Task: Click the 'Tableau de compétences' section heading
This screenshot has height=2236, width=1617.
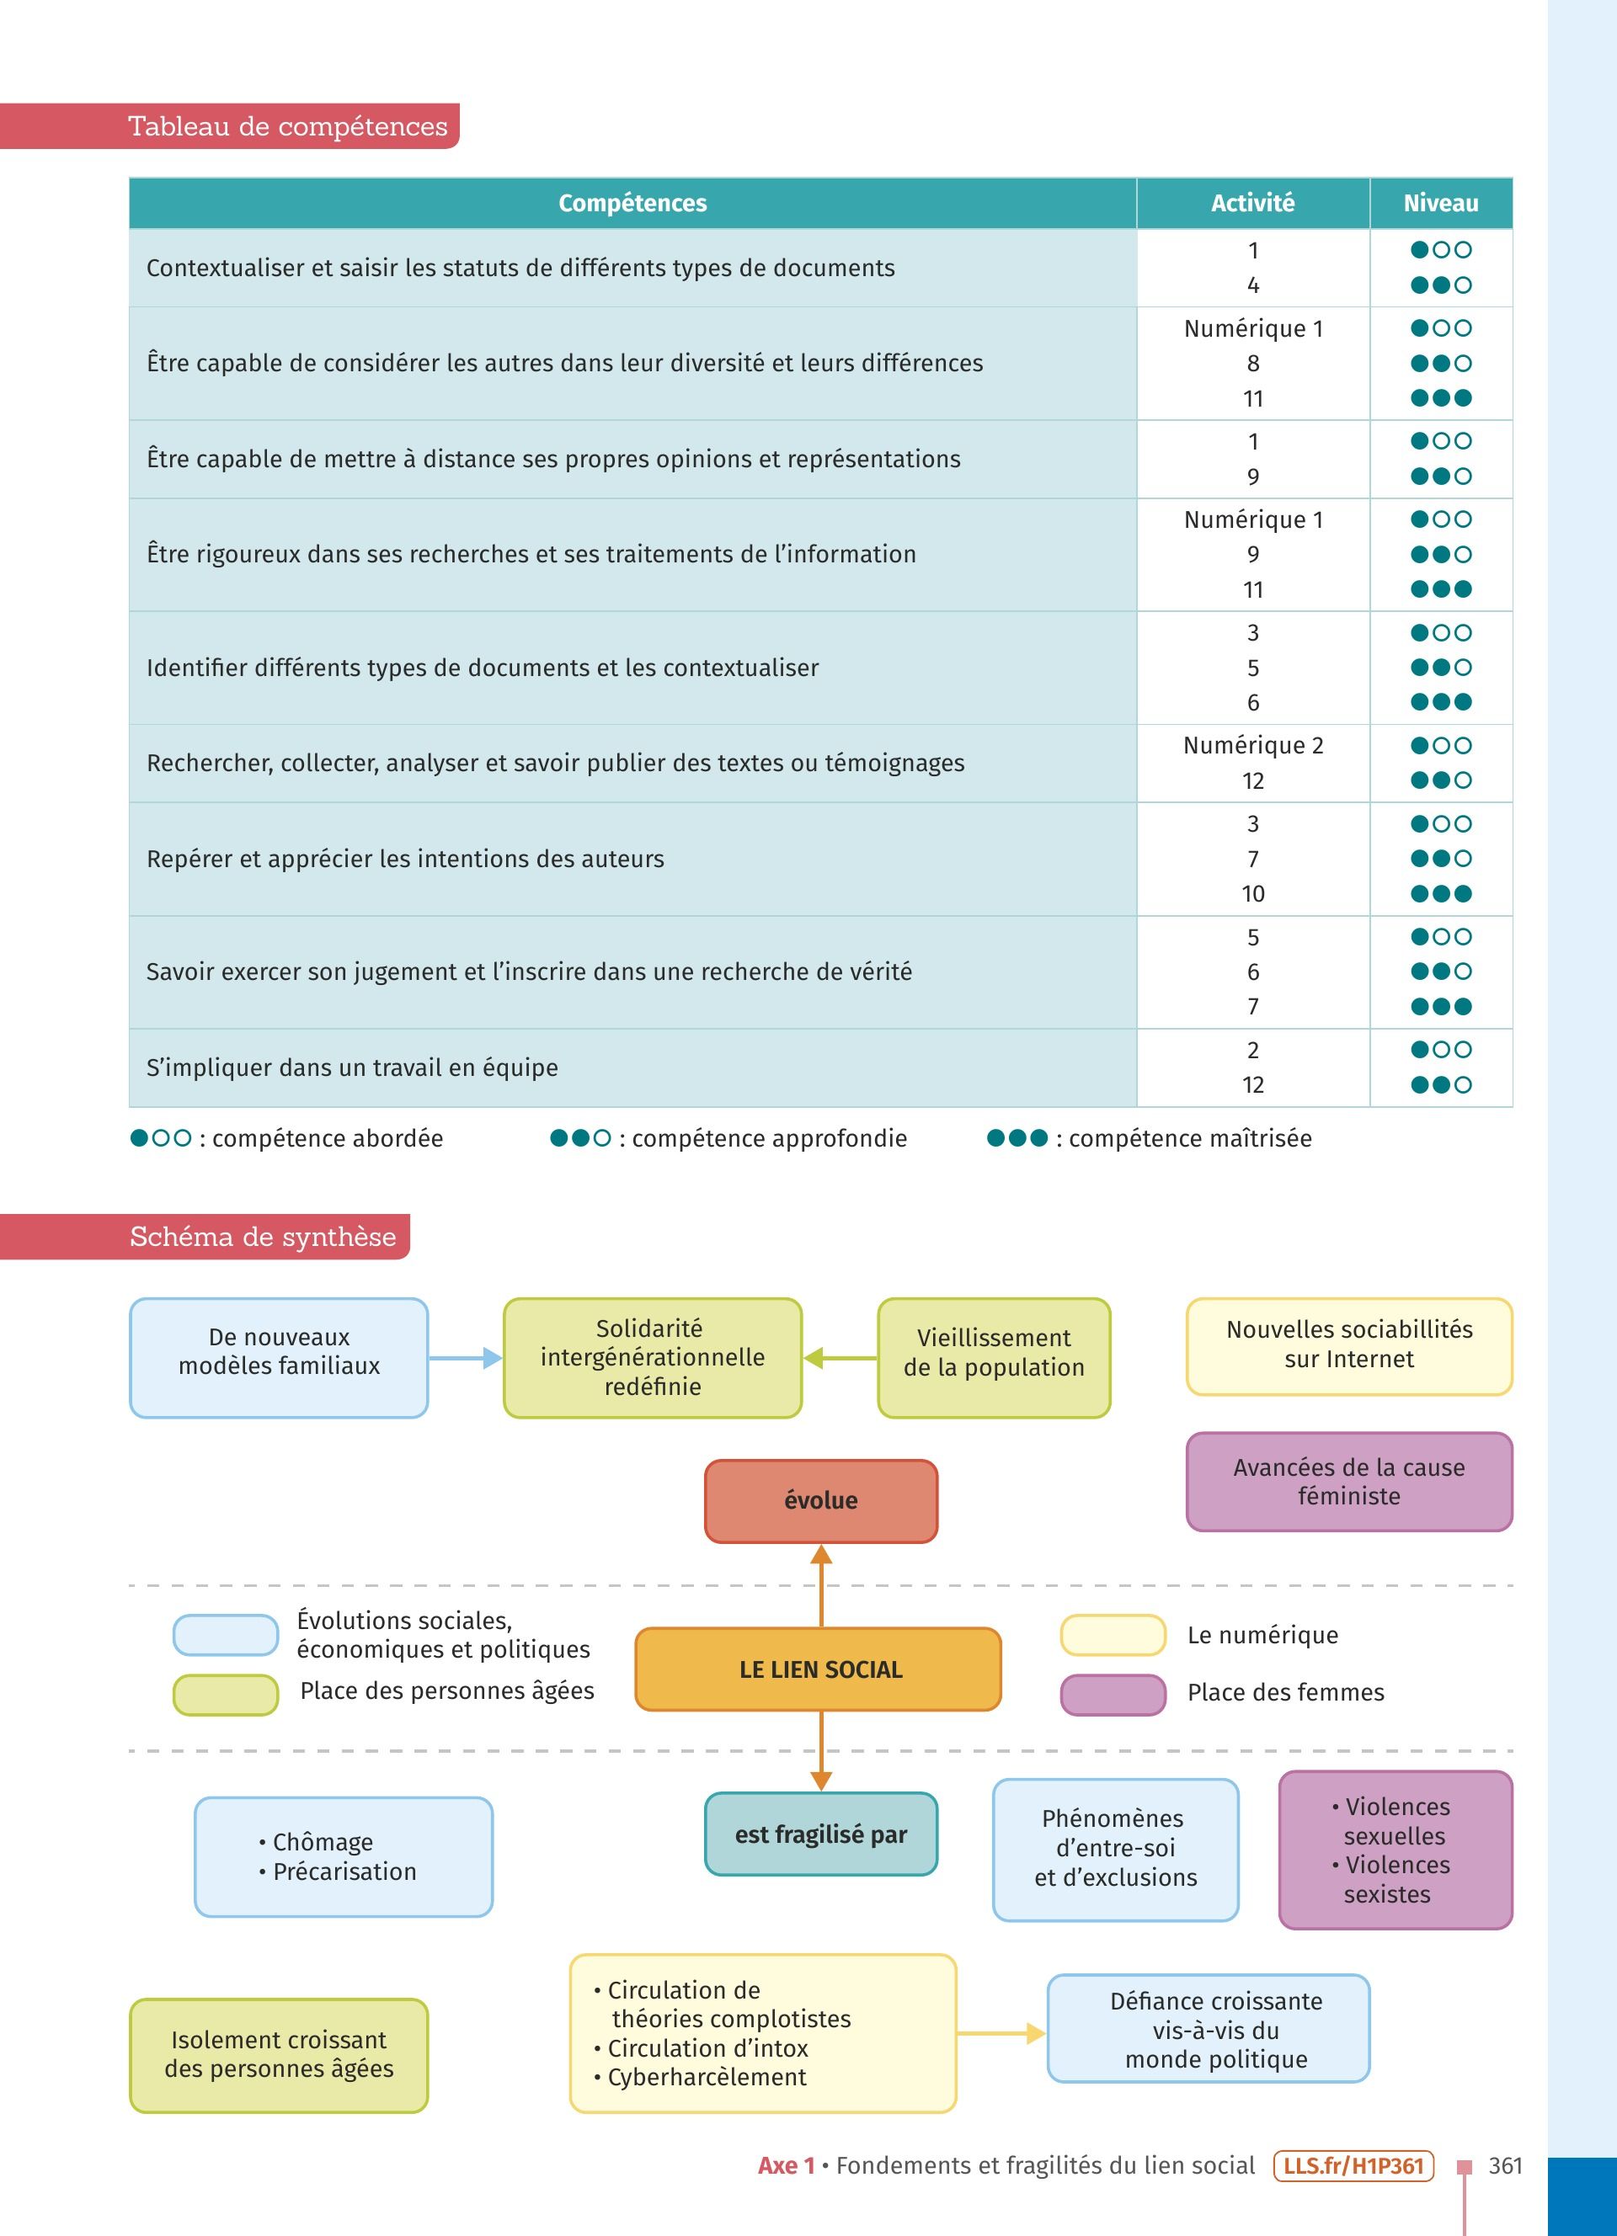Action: tap(287, 126)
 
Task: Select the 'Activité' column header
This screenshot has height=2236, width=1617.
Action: tap(1252, 203)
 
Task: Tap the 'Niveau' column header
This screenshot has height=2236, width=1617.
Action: tap(1440, 203)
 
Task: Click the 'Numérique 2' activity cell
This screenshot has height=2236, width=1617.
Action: tap(1252, 745)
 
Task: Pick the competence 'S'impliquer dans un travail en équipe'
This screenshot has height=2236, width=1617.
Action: tap(352, 1067)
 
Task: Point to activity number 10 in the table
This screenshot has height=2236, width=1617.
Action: tap(1252, 894)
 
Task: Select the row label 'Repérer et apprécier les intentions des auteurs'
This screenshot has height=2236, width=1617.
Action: tap(405, 859)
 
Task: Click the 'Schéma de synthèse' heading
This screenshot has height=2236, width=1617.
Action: tap(262, 1237)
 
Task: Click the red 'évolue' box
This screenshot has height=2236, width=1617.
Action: tap(820, 1500)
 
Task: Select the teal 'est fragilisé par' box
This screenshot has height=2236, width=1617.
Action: tap(820, 1834)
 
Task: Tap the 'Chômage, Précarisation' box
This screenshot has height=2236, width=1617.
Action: tap(343, 1856)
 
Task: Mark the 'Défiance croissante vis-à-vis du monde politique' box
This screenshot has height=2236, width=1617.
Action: tap(1208, 2030)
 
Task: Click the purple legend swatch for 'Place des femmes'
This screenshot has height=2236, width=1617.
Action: tap(1113, 1693)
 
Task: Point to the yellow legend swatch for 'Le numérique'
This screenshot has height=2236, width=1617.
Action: tap(1113, 1636)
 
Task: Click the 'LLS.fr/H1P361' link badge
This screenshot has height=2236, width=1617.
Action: tap(1353, 2166)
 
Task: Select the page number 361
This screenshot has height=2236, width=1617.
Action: tap(1505, 2166)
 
